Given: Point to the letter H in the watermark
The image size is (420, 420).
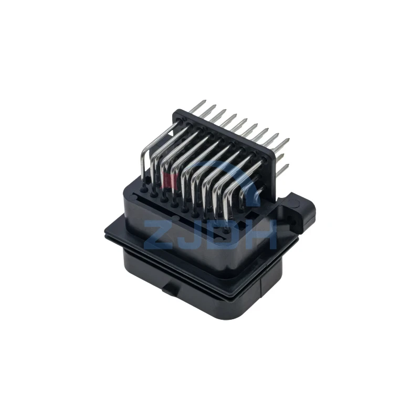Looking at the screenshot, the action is (260, 235).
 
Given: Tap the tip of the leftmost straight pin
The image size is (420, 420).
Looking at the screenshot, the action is (205, 101).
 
